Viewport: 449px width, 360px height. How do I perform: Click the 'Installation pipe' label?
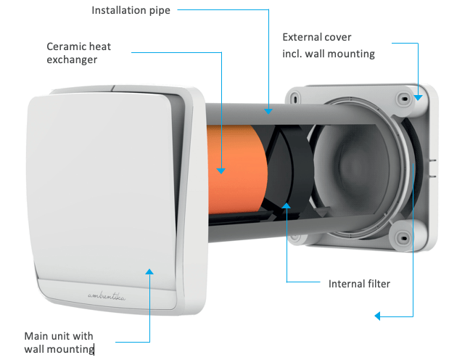click(131, 11)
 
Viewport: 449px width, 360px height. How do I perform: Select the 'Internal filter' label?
click(359, 284)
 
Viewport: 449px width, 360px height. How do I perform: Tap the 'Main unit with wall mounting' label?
click(59, 343)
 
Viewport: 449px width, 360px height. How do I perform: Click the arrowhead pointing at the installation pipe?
click(268, 111)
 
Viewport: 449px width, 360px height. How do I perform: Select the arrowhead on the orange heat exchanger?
click(221, 171)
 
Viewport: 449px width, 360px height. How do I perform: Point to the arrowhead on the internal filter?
click(287, 206)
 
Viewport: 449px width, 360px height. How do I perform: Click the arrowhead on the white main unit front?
click(149, 271)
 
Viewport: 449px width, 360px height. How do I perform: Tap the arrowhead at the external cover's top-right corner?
click(418, 94)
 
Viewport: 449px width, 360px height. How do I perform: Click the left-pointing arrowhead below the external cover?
click(376, 316)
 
